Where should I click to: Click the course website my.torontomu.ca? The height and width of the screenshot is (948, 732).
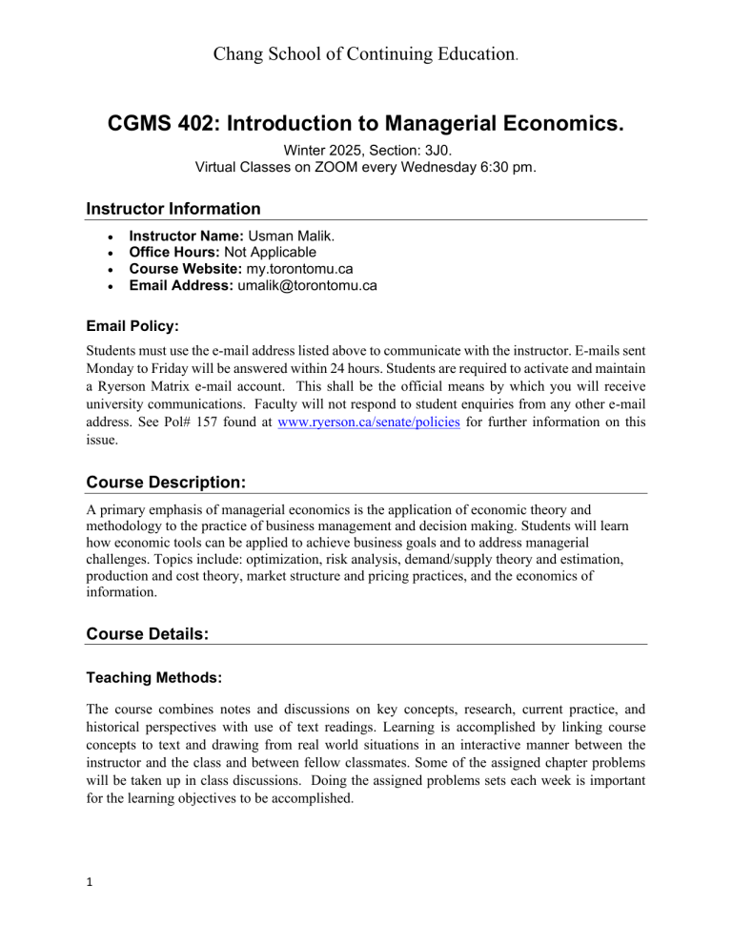300,269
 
